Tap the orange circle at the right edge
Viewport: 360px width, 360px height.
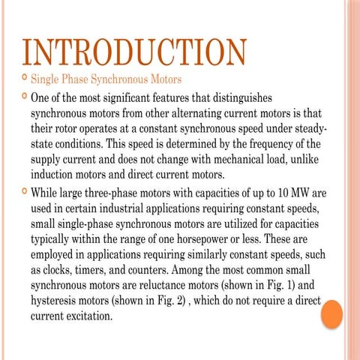(331, 313)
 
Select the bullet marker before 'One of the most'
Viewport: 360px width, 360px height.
(23, 97)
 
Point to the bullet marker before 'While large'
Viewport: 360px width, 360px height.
(23, 192)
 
